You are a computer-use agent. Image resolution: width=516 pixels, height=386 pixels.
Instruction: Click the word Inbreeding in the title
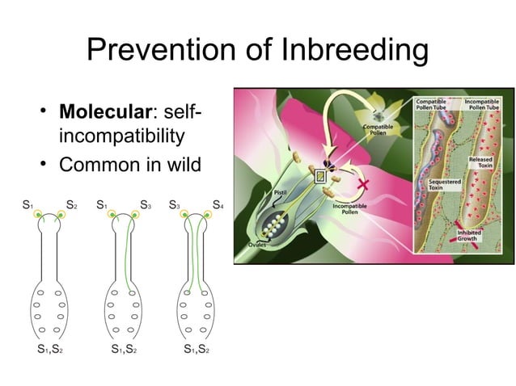(x=353, y=50)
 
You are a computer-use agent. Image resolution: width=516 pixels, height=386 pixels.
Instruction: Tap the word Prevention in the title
(x=161, y=50)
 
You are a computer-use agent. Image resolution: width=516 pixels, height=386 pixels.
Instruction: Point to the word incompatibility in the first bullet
(x=128, y=136)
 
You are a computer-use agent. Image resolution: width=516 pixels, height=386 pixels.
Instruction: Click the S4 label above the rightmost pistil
(x=217, y=205)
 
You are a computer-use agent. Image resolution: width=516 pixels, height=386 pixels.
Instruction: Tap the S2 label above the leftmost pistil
(x=71, y=205)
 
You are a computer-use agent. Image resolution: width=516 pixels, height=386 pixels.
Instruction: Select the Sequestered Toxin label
(x=443, y=185)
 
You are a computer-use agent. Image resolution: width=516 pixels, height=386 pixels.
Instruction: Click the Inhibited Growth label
(x=468, y=234)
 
